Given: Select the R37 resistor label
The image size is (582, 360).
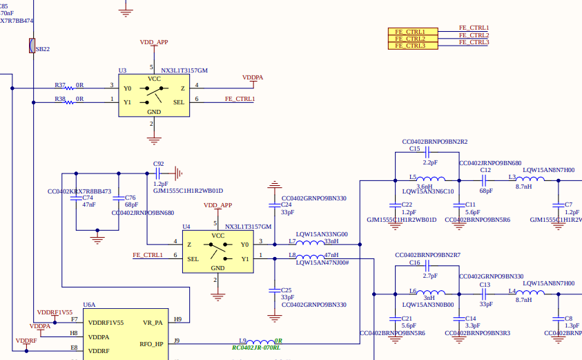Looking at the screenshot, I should click(60, 85).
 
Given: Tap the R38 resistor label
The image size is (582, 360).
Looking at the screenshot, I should click(60, 99).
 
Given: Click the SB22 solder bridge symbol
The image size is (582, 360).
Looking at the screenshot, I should click(32, 46).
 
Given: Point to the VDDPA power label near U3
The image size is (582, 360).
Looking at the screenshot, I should click(253, 77).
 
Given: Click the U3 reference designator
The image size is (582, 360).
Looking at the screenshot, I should click(122, 70).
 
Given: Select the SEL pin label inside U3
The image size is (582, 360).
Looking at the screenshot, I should click(178, 102).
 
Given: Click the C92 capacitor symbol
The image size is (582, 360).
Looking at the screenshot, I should click(159, 172).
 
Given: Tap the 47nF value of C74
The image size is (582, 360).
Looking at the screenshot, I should click(89, 205).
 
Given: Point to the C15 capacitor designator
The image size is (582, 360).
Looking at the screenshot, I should click(414, 149).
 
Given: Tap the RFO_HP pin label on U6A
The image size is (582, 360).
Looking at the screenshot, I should click(151, 343).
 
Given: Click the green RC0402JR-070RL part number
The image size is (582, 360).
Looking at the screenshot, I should click(256, 348).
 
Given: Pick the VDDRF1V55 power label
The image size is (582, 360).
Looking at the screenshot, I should click(55, 312).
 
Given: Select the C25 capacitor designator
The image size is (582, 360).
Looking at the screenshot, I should click(286, 290).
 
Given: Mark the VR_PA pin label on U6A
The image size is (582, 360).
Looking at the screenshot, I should click(153, 322).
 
